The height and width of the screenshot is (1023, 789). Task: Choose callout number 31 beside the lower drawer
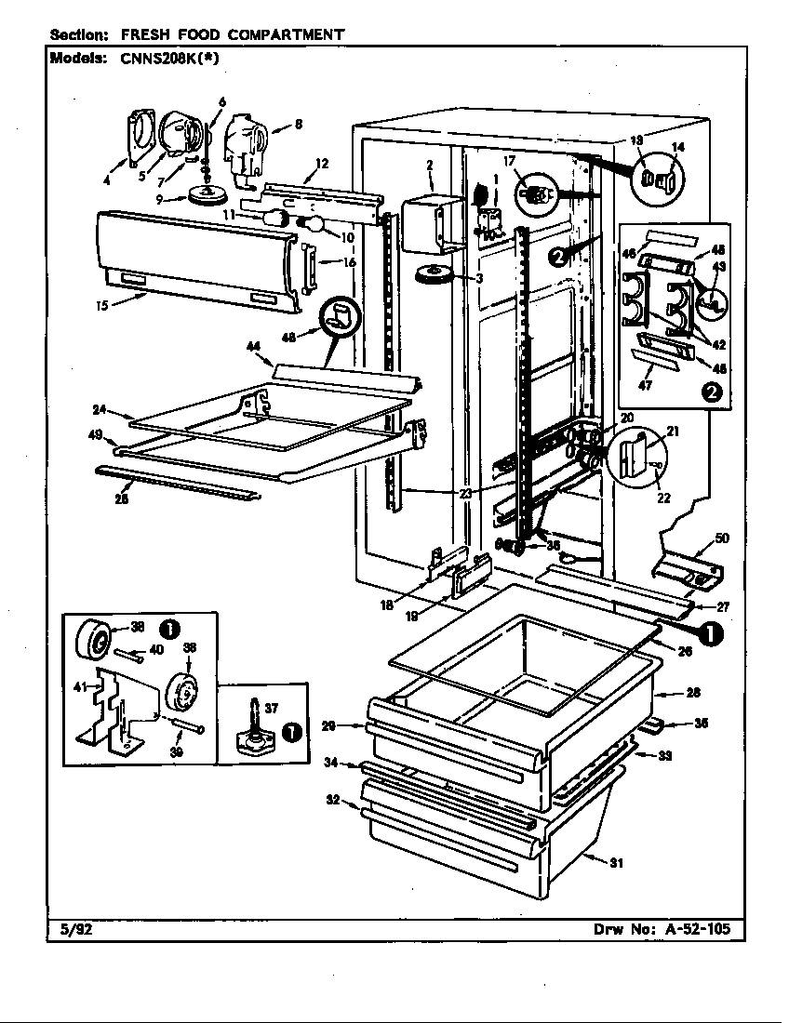coord(614,863)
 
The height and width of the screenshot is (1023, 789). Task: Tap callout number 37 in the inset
coord(271,709)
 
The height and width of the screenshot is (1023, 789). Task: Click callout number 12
coord(322,165)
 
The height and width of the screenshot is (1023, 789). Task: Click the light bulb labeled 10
coord(312,223)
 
